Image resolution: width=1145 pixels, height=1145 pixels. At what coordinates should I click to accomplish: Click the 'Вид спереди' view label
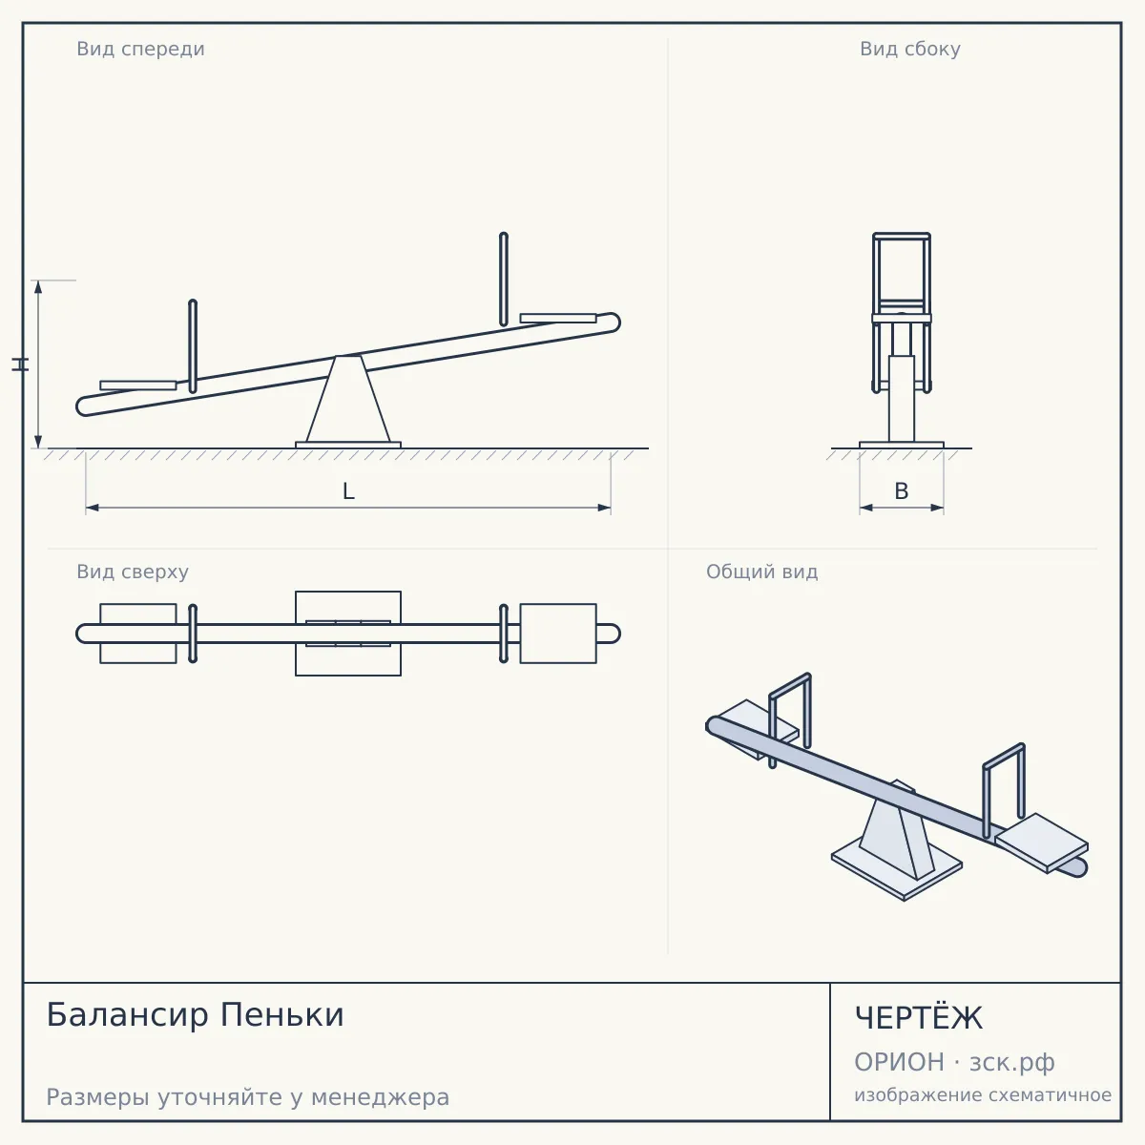pyautogui.click(x=140, y=49)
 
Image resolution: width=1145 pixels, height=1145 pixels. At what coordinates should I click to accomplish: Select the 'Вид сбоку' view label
pyautogui.click(x=909, y=49)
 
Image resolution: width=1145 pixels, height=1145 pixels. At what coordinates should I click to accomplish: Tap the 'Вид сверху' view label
pyautogui.click(x=133, y=572)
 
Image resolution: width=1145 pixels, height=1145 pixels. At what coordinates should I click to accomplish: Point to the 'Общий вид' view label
pyautogui.click(x=761, y=572)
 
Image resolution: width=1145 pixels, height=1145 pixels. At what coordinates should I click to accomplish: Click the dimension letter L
pyautogui.click(x=348, y=491)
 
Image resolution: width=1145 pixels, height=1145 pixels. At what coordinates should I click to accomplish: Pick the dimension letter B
pyautogui.click(x=902, y=491)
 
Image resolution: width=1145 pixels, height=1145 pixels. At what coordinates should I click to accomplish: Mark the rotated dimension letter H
pyautogui.click(x=20, y=364)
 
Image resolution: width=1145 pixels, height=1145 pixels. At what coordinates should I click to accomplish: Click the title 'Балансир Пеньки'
pyautogui.click(x=195, y=1014)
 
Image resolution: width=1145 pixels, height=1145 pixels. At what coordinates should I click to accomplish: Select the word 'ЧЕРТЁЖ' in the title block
pyautogui.click(x=919, y=1017)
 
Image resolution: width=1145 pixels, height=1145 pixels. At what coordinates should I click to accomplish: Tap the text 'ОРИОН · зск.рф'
pyautogui.click(x=954, y=1062)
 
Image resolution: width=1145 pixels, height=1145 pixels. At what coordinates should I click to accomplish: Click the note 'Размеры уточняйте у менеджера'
pyautogui.click(x=248, y=1097)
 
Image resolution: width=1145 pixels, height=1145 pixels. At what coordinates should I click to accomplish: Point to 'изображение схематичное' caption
pyautogui.click(x=983, y=1094)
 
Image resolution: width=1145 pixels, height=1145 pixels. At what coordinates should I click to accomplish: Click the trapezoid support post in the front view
pyautogui.click(x=348, y=399)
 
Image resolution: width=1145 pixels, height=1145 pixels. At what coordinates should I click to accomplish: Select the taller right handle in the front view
pyautogui.click(x=503, y=279)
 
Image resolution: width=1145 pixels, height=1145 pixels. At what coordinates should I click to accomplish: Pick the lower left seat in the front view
pyautogui.click(x=137, y=385)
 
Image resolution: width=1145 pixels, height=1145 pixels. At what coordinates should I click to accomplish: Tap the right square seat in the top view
pyautogui.click(x=558, y=634)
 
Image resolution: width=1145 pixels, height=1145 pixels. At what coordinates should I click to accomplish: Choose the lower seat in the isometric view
pyautogui.click(x=1042, y=843)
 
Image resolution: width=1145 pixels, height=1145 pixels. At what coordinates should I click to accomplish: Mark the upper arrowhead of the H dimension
pyautogui.click(x=38, y=287)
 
